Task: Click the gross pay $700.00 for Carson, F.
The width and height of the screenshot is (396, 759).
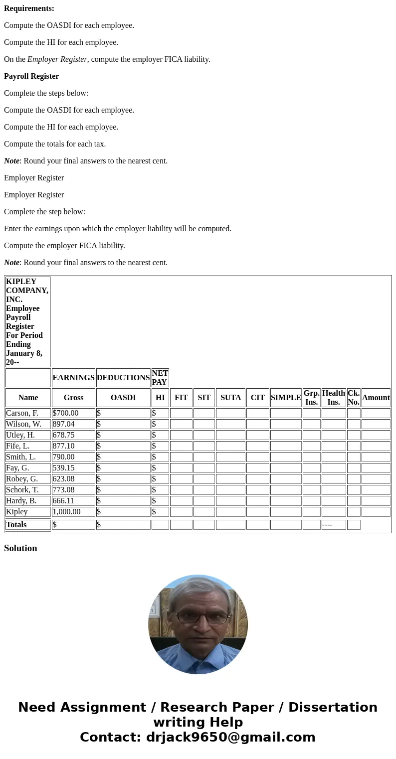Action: [66, 413]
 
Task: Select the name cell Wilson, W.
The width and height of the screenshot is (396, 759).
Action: [23, 424]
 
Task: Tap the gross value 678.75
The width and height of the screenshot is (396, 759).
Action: [63, 435]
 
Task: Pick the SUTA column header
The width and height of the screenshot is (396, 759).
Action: [230, 398]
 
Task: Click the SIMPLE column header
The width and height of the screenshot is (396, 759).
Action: [286, 398]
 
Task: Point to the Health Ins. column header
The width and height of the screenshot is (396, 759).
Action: [334, 398]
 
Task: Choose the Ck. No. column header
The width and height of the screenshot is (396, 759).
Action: [354, 398]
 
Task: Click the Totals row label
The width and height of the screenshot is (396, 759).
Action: [16, 525]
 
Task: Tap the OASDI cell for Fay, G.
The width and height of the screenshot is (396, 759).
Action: [123, 468]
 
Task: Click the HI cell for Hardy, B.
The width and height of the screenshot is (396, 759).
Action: [160, 501]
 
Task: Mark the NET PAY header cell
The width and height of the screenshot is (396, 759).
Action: [160, 378]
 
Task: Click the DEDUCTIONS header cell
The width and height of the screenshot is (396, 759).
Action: [123, 378]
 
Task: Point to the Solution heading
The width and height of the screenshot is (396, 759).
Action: [20, 548]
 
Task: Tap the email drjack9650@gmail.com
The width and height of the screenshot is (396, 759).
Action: [230, 738]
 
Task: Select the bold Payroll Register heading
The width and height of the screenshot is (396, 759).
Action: [31, 76]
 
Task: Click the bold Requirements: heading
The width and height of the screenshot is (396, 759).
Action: [29, 8]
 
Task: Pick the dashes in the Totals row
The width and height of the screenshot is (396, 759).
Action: [328, 525]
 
